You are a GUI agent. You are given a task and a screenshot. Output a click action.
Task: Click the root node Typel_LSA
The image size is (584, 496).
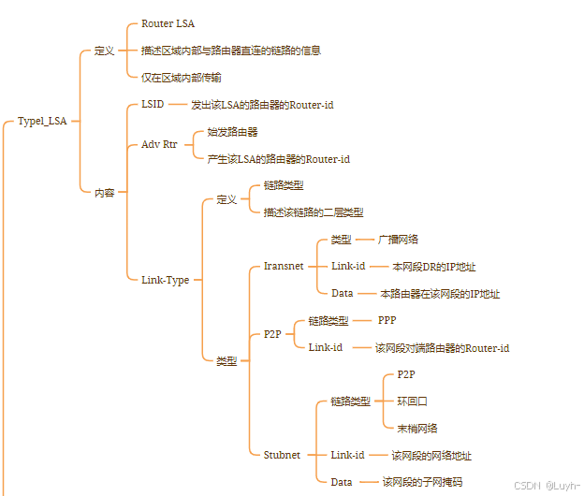[x=42, y=121]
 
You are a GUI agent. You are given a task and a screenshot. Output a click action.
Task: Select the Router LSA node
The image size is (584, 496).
[x=168, y=23]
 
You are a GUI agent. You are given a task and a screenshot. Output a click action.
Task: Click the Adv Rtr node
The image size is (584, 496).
[x=158, y=145]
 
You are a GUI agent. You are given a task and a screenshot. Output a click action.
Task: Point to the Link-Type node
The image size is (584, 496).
[x=165, y=280]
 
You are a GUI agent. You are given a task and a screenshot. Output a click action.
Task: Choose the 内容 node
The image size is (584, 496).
[x=104, y=193]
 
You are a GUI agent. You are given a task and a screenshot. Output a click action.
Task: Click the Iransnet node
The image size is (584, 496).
[x=284, y=266]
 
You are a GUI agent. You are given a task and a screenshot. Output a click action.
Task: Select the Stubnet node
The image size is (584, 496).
[x=282, y=455]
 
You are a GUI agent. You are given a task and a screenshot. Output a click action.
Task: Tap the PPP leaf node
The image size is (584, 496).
[x=387, y=320]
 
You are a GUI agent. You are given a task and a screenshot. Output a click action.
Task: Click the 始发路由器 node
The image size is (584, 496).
[x=232, y=132]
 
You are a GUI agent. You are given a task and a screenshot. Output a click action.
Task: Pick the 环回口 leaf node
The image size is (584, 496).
[x=412, y=401]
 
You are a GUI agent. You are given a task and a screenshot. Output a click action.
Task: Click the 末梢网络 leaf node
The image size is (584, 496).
[x=417, y=428]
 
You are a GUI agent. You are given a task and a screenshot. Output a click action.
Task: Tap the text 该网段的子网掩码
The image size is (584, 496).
[x=422, y=482]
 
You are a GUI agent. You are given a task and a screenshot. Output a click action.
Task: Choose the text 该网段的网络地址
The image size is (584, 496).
[x=431, y=456]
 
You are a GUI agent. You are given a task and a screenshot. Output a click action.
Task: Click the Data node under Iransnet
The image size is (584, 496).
[x=342, y=293]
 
